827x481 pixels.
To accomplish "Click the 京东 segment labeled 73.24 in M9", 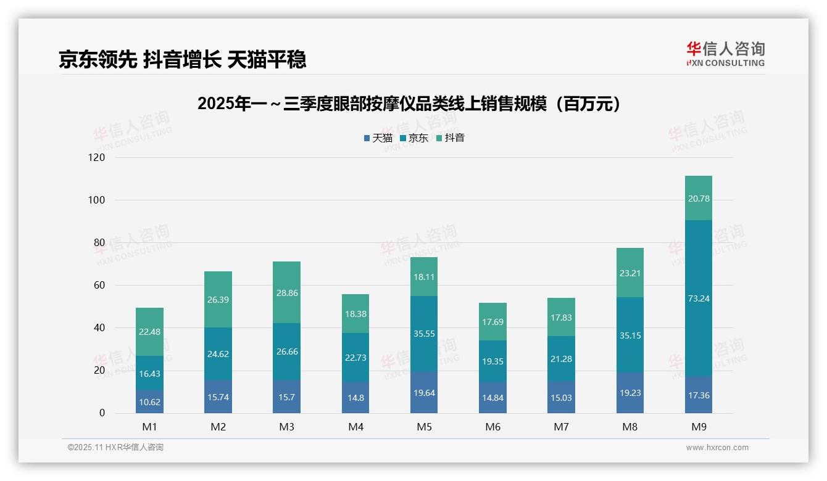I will coord(699,298).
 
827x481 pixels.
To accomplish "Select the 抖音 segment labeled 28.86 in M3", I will coord(287,292).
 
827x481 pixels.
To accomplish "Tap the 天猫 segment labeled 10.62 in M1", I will coord(149,402).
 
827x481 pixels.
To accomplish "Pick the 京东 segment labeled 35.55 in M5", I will coord(424,334).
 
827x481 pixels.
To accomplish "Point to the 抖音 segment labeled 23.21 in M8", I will coord(630,273).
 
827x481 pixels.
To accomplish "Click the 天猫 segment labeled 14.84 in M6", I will coord(492,397).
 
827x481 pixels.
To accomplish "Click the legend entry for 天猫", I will coord(378,138).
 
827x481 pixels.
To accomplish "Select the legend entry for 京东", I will coord(414,138).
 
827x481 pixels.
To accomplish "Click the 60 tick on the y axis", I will coord(99,286).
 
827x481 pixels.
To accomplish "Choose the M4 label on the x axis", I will coord(355,427).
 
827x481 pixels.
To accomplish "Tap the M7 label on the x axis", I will coord(561,427).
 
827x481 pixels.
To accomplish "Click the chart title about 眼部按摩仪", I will coord(409,104).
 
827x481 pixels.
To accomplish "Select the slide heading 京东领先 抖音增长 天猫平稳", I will coord(183,60).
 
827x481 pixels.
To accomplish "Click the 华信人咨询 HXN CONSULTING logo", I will coord(725,54).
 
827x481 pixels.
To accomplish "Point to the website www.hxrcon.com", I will coord(717,448).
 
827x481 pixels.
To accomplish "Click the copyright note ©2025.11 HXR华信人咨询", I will coord(115,448).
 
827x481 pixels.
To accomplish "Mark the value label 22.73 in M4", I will coord(355,358).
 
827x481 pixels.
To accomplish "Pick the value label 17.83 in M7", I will coord(561,317).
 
